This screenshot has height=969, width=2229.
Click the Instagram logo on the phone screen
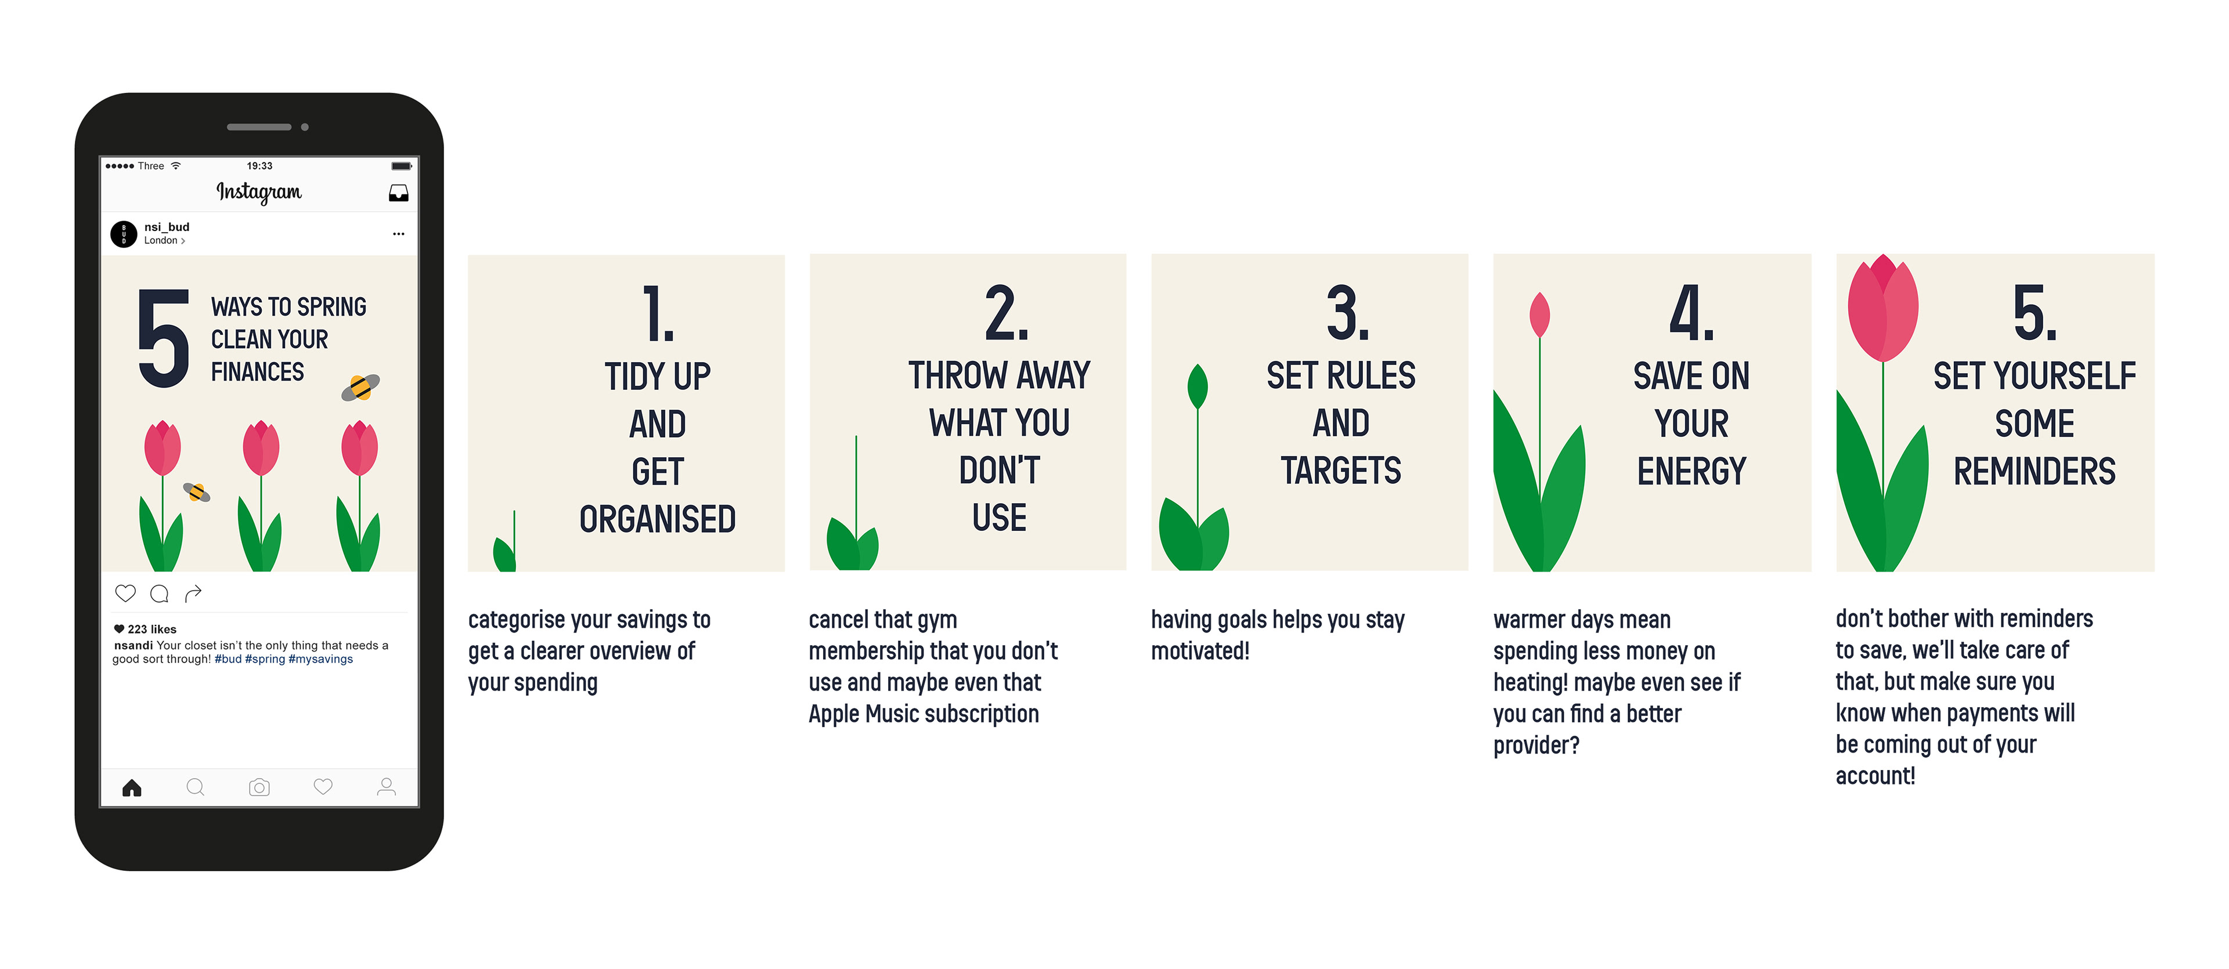click(259, 191)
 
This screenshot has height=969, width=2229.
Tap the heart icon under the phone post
click(125, 594)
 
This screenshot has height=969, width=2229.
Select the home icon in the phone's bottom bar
click(132, 787)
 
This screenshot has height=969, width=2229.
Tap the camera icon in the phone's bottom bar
click(259, 787)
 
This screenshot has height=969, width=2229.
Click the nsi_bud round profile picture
click(124, 234)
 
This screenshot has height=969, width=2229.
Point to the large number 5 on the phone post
click(164, 338)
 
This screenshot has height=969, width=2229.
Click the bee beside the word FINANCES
click(361, 388)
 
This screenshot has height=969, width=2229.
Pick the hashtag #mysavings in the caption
click(320, 659)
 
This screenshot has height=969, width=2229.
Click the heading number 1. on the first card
click(658, 313)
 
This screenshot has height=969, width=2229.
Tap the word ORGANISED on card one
click(658, 519)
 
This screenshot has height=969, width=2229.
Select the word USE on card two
click(1000, 518)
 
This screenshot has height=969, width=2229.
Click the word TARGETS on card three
click(1341, 471)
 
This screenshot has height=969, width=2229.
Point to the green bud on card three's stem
click(1198, 386)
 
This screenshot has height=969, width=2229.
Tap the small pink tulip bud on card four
click(1539, 315)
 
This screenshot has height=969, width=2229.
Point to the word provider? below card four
click(1536, 745)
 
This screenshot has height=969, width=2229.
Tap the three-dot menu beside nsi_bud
click(398, 234)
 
